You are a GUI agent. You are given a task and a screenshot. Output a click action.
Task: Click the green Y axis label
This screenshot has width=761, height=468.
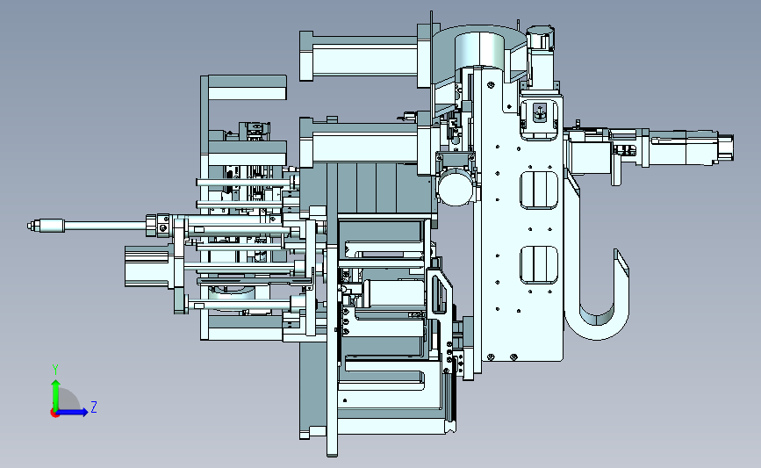click(x=55, y=370)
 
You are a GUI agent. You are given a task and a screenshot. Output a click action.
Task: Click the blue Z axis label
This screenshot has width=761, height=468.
click(x=94, y=407)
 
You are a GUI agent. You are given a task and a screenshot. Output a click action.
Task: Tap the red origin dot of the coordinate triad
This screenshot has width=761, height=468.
click(x=54, y=413)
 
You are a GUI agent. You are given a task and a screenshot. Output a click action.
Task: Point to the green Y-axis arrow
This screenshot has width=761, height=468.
click(x=56, y=395)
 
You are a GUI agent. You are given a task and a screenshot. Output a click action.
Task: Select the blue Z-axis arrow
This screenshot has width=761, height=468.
click(x=73, y=412)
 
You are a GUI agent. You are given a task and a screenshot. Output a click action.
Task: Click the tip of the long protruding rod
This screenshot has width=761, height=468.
click(x=29, y=226)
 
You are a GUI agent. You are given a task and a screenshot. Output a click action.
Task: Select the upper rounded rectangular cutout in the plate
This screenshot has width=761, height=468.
click(x=539, y=190)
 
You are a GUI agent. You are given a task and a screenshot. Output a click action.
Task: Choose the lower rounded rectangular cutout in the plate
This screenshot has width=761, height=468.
click(x=539, y=264)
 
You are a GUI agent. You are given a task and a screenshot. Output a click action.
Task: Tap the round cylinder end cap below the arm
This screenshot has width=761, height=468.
click(x=456, y=189)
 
